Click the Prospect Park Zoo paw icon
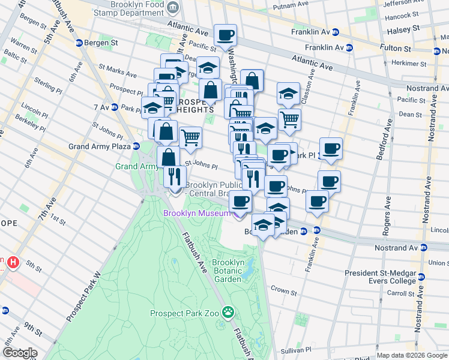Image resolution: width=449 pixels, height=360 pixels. tap(228, 312)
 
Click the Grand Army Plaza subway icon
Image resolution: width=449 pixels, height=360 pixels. tap(137, 146)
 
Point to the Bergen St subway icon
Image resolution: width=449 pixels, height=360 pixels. tap(79, 43)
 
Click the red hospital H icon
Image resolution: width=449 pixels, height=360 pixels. tap(12, 263)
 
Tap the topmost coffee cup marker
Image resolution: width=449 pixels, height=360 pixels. tap(225, 35)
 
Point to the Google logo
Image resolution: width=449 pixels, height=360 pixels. tap(19, 353)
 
